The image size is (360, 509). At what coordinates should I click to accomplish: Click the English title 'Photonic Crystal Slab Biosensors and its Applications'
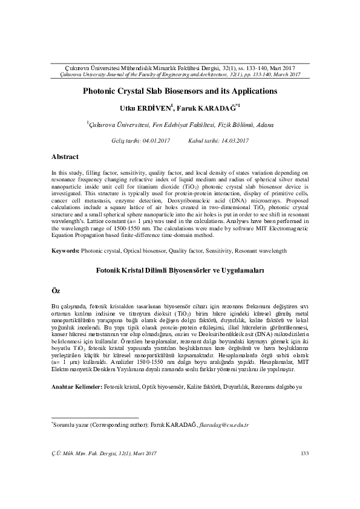180,91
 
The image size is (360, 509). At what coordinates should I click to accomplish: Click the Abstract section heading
65,157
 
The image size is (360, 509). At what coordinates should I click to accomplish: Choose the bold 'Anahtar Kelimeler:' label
77,385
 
